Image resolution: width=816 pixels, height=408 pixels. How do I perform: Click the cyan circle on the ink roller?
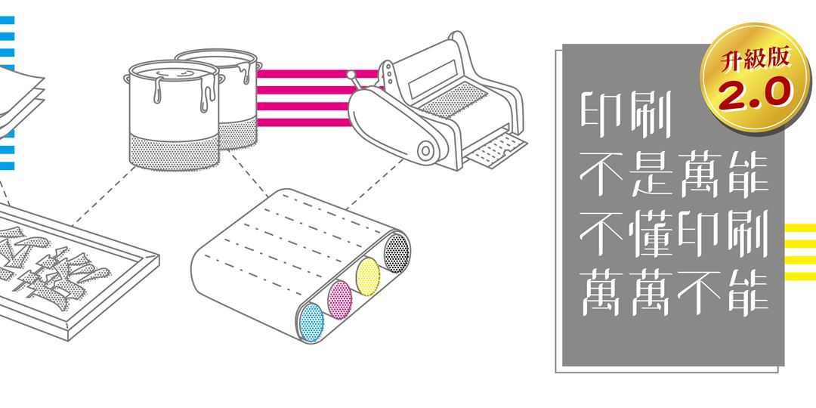click(311, 322)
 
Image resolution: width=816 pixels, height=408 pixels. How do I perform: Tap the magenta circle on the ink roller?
click(340, 298)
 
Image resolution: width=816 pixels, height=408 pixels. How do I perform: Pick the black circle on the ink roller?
click(396, 251)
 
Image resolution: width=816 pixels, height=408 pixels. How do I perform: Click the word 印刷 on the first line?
click(628, 114)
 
